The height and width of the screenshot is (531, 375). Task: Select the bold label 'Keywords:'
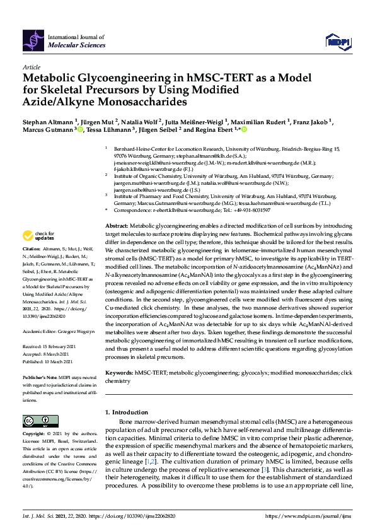point(120,373)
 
